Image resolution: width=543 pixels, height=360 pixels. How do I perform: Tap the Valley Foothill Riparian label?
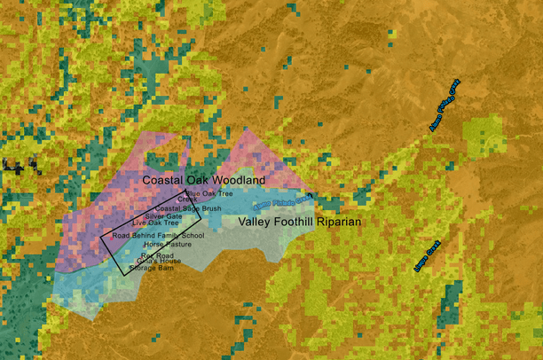click(x=301, y=222)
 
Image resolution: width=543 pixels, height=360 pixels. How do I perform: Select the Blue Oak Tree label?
click(x=209, y=192)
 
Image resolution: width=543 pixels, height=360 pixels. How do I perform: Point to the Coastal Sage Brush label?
click(x=188, y=208)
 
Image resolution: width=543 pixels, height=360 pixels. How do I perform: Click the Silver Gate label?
click(x=163, y=215)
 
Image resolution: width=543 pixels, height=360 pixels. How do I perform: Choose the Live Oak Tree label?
click(x=155, y=223)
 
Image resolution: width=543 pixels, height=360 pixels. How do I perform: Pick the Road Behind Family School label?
click(x=159, y=236)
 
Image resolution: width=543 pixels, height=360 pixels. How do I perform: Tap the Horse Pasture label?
click(x=167, y=244)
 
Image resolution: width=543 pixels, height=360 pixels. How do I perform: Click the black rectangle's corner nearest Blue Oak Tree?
click(x=185, y=189)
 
